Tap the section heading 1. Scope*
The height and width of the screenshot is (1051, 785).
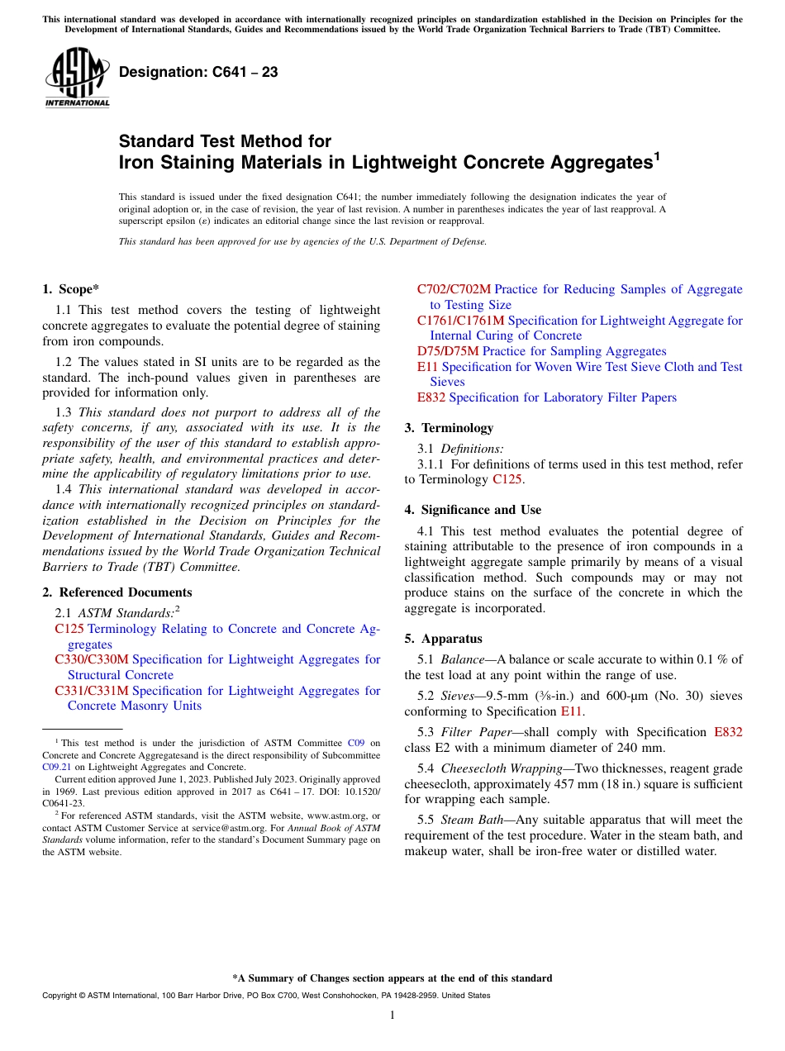click(x=70, y=289)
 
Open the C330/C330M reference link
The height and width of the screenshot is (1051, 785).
click(x=92, y=659)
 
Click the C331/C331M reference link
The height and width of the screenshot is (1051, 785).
click(x=92, y=691)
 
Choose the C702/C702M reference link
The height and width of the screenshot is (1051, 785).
click(x=454, y=289)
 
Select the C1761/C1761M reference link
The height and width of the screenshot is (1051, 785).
click(x=460, y=321)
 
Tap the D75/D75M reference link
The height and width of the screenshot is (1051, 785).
click(x=447, y=351)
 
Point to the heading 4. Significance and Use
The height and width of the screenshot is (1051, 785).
click(x=473, y=510)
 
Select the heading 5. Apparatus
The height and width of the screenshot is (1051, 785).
click(x=443, y=639)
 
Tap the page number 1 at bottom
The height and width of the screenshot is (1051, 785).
click(x=392, y=1015)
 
